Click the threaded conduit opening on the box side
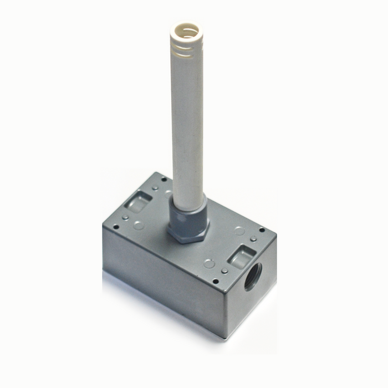click(x=253, y=276)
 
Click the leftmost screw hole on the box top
click(x=116, y=227)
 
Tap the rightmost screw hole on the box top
click(x=262, y=229)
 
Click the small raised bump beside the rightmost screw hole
click(x=253, y=239)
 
